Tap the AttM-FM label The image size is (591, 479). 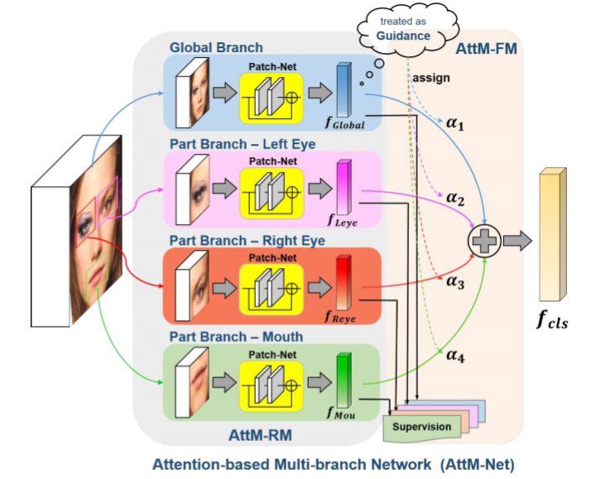486,49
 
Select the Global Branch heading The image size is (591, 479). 216,47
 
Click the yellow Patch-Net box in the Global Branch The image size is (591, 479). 271,98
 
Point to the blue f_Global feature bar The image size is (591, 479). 344,89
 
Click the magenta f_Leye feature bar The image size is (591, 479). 344,187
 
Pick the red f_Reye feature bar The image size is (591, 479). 344,282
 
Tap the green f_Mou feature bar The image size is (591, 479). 344,381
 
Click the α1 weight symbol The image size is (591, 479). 455,123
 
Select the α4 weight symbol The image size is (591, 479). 455,355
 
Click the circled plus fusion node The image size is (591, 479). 484,241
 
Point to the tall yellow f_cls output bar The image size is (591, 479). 553,234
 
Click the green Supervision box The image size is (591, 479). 422,428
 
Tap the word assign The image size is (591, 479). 431,78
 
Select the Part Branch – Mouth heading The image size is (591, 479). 237,337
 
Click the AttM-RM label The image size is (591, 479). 261,435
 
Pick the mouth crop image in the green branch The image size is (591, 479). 199,382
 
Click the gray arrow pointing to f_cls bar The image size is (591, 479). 517,241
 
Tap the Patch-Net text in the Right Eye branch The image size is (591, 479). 272,258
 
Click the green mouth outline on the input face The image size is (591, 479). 98,275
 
